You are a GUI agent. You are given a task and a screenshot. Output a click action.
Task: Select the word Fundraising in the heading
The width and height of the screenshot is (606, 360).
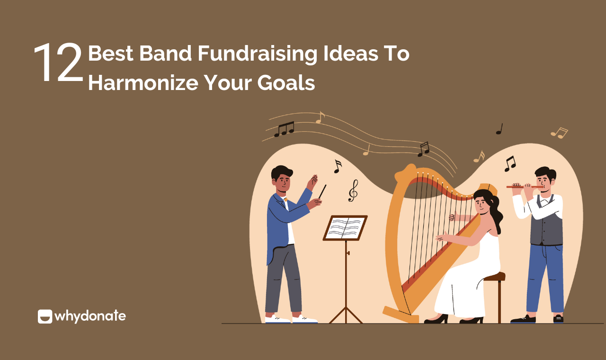(257, 54)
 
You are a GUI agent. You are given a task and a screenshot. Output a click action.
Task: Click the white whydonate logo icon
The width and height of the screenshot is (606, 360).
(45, 316)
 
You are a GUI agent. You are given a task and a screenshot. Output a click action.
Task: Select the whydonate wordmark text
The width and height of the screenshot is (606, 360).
(90, 316)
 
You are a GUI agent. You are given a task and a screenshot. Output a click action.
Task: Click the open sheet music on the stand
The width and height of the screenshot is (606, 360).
(345, 228)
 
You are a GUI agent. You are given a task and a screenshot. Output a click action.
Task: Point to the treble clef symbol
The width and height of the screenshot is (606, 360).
(353, 190)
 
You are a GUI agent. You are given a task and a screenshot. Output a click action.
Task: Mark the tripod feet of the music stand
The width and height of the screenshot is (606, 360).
(346, 315)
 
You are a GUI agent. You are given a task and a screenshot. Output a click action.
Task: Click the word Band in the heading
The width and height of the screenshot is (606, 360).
(166, 54)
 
